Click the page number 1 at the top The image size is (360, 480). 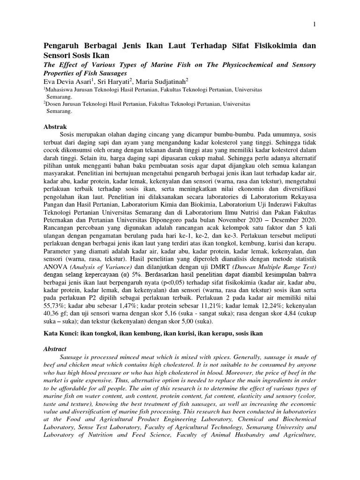(314, 24)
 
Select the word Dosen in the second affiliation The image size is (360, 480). (54, 104)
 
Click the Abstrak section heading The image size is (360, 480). (55, 127)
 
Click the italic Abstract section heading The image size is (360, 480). (55, 349)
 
